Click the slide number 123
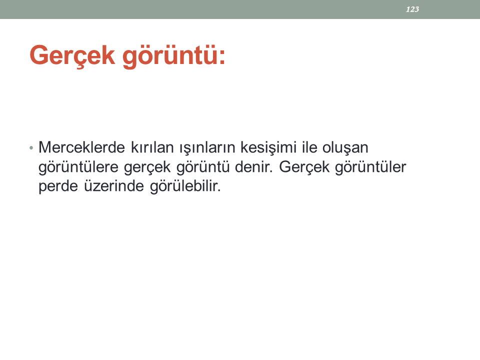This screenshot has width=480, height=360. coord(412,9)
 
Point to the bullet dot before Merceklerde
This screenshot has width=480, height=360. coord(31,148)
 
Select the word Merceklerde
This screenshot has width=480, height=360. coord(81,147)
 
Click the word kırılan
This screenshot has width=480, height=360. coord(152,147)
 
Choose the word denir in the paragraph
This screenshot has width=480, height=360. coord(253,167)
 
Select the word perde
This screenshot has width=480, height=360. coord(58,186)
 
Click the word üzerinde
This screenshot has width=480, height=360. coord(114,186)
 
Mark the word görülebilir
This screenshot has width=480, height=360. coord(185,186)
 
